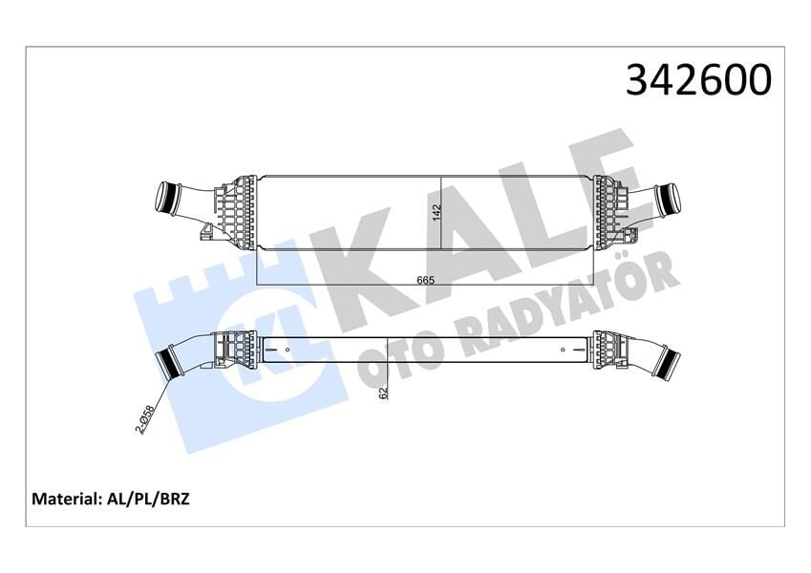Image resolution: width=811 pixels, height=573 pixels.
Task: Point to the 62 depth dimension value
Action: (382, 391)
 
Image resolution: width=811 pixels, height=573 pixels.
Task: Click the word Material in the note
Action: (65, 499)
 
